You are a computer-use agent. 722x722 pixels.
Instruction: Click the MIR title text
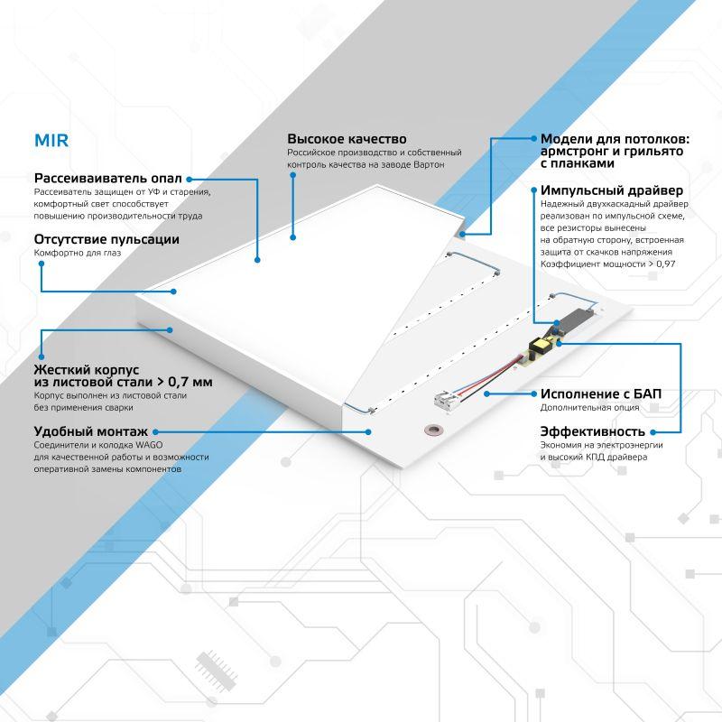51,142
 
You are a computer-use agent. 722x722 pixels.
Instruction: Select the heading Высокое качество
347,139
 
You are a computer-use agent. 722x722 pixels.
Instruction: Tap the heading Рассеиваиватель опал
107,178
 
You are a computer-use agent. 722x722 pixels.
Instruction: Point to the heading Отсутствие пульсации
106,239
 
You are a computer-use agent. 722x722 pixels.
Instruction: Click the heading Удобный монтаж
90,431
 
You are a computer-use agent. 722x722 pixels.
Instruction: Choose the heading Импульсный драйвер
612,190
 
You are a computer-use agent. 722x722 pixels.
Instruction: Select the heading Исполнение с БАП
600,393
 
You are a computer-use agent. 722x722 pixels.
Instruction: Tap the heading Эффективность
592,430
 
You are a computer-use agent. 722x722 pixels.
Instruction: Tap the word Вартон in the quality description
428,165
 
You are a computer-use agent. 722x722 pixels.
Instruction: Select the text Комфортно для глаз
77,254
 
